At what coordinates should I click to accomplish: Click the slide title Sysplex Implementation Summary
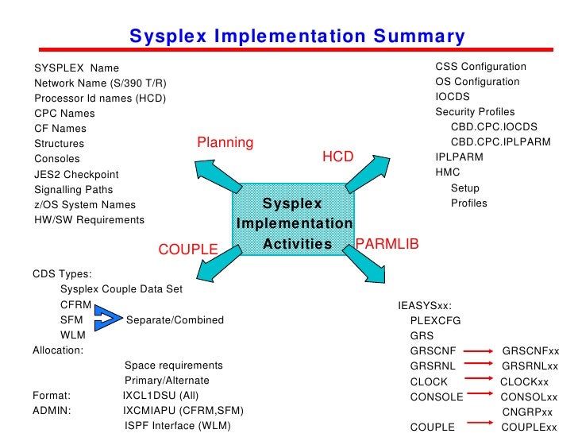[x=297, y=37]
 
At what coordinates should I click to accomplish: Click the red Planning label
[x=225, y=143]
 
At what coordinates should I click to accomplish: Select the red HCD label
[x=337, y=157]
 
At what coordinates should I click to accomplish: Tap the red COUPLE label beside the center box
[x=188, y=250]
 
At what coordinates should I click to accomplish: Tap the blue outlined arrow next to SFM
[x=107, y=320]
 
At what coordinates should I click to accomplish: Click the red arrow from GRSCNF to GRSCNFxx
[x=477, y=350]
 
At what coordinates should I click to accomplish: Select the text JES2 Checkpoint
[x=76, y=175]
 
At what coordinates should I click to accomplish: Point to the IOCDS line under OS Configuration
[x=452, y=97]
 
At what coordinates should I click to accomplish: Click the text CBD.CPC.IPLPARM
[x=500, y=142]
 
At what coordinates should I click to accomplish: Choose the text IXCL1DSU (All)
[x=161, y=396]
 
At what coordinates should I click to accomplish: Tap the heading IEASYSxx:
[x=425, y=305]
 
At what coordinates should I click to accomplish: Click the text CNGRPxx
[x=527, y=412]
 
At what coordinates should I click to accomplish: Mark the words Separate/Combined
[x=175, y=320]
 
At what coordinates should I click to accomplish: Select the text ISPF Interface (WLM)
[x=177, y=426]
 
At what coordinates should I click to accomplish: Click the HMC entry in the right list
[x=448, y=172]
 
